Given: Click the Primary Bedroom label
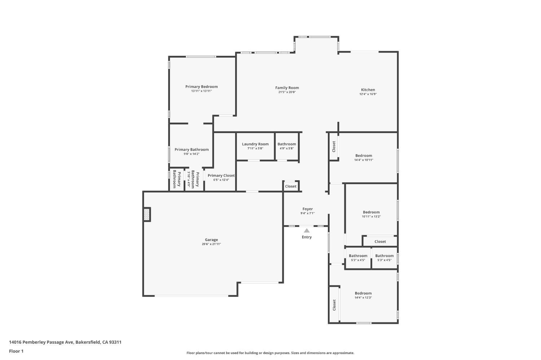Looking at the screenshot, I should coord(201,86).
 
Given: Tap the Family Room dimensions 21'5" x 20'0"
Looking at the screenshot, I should coord(287,92).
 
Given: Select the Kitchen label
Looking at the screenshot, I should coord(368,90).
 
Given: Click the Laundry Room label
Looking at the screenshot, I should coord(255,144).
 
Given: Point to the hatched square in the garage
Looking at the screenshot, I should coord(147,214).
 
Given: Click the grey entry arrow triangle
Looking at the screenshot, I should coord(307,231).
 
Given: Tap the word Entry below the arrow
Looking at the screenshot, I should coord(307,237).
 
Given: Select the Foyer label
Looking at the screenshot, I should coord(307,209).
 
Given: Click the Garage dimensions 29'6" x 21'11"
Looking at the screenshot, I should coord(211,244).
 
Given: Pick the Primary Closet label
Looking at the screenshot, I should coord(221,175).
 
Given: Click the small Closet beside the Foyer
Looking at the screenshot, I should coord(291,186).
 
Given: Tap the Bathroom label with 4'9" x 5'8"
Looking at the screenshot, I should coord(287,144).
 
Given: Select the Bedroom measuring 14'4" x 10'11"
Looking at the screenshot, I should coord(364,156).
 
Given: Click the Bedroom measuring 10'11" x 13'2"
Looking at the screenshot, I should coord(371,212).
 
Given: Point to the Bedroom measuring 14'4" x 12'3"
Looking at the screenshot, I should coord(363,293).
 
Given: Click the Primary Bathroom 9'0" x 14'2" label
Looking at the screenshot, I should coord(192,150).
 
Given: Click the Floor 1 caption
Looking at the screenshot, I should coord(16,351).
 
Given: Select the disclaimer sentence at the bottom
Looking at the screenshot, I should coord(270,353).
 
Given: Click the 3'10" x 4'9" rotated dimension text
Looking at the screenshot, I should coord(188,179).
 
